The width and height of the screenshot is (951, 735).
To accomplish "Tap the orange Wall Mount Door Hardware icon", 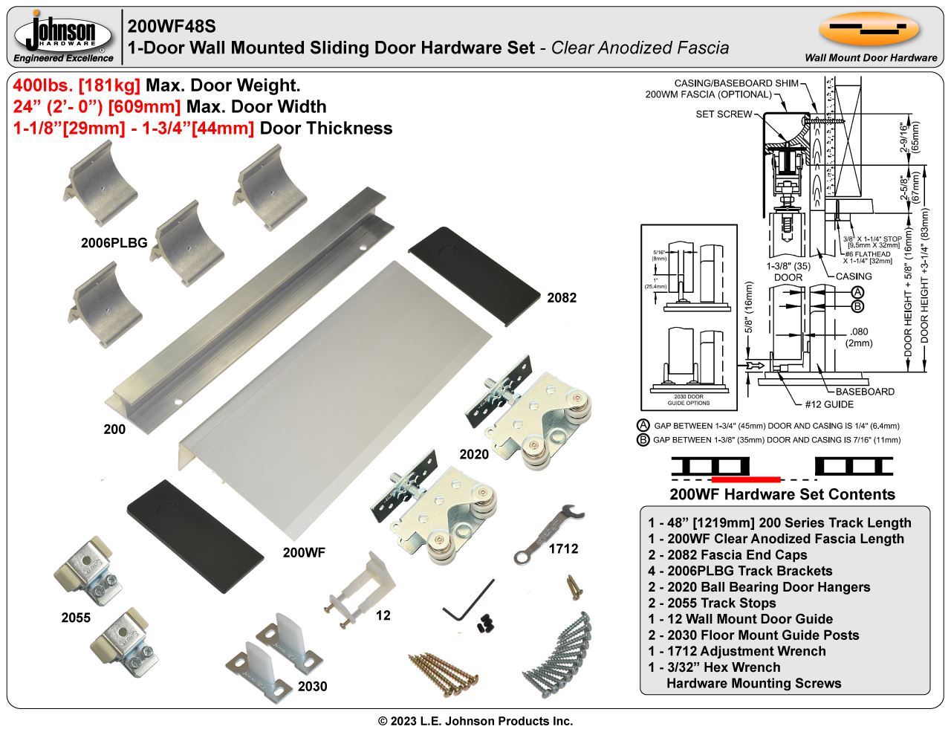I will point(870,30).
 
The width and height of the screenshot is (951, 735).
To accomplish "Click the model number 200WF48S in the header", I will point(172,26).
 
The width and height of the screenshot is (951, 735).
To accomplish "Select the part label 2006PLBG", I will point(114,242).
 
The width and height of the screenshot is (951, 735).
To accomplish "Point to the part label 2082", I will point(561,298).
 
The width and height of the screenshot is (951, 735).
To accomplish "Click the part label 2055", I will point(76,618).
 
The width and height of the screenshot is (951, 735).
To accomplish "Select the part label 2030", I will point(312,686).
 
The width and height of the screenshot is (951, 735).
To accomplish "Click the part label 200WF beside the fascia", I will point(304,552).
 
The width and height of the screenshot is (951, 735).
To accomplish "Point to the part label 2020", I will point(474,454).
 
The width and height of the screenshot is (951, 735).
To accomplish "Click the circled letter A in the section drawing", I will point(857,292).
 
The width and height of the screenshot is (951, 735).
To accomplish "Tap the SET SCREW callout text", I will point(724,114).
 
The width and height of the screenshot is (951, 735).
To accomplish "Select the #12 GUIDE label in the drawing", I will point(829,404).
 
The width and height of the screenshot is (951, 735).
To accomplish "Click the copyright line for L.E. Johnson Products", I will point(475,721).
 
